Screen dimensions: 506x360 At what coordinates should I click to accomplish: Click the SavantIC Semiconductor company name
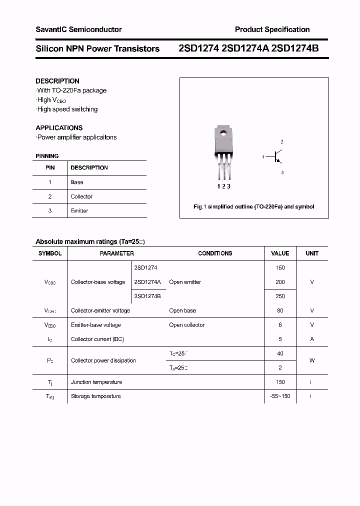78,29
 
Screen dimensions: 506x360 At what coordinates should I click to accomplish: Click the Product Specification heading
272,29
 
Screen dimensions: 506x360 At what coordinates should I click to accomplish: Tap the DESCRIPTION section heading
57,81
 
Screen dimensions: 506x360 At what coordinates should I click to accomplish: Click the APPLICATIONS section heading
59,127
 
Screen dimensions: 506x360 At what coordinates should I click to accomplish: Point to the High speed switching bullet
67,109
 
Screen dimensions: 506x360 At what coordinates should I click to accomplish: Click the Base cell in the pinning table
77,182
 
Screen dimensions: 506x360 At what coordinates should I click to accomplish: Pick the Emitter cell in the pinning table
79,210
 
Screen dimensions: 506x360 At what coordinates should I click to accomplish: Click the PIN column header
50,167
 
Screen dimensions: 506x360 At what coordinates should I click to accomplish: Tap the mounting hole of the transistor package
222,132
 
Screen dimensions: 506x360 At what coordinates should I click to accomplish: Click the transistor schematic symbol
277,157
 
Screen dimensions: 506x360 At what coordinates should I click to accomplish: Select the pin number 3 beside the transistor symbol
282,172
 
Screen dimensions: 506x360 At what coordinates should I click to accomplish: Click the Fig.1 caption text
254,206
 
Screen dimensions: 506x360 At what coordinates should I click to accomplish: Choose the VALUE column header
280,253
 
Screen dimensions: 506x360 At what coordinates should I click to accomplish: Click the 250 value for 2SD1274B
280,296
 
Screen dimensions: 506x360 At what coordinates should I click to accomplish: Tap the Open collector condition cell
186,325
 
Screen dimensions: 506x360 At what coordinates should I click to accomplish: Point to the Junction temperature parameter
96,382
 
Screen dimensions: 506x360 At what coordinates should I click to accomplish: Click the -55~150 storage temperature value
280,396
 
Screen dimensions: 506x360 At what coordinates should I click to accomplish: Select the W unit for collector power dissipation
312,360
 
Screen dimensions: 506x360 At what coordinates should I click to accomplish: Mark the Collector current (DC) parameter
97,339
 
